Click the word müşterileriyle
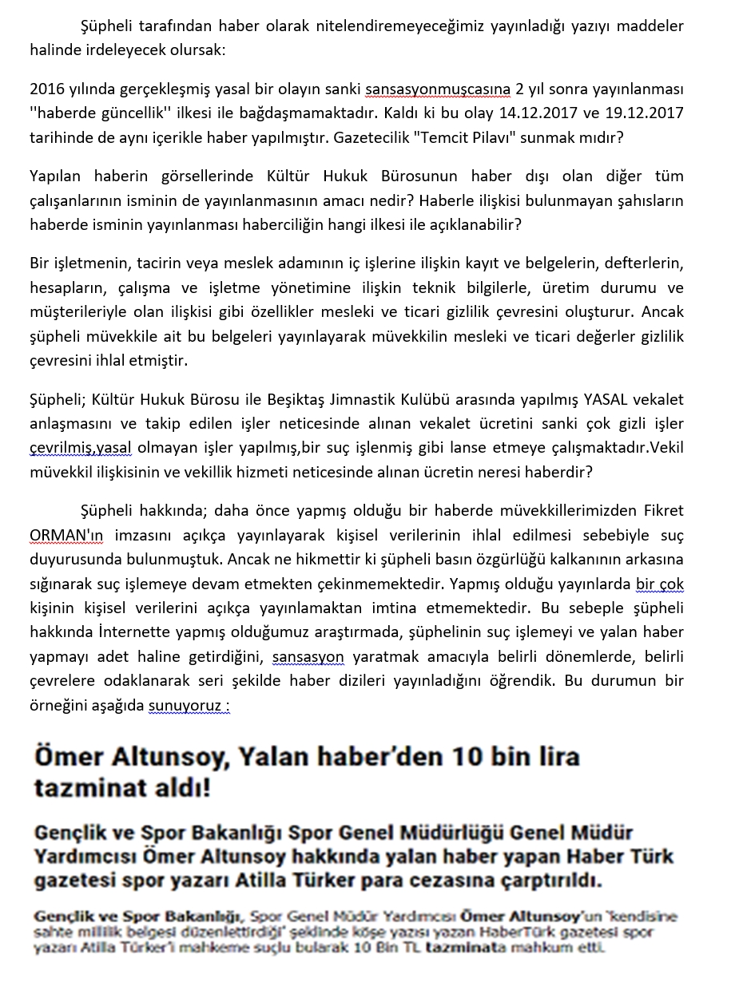(x=85, y=311)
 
